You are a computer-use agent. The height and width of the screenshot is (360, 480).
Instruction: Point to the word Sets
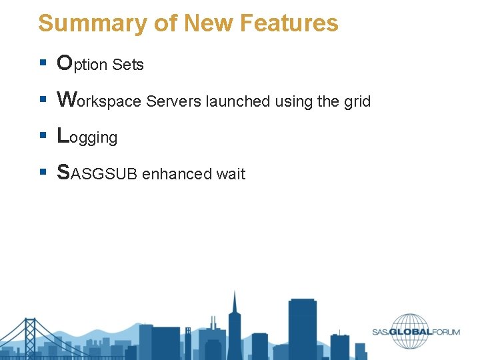coord(128,65)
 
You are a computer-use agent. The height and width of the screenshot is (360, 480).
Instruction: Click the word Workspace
coord(99,101)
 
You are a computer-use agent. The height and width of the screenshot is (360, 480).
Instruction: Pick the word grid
coord(357,102)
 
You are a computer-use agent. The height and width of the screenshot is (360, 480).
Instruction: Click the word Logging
coord(87,137)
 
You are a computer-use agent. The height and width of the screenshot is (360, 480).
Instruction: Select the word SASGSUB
coord(97,173)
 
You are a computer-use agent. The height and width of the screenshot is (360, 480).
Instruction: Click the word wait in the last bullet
coord(231,174)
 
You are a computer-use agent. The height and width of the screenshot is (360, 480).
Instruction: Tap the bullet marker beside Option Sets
coord(42,64)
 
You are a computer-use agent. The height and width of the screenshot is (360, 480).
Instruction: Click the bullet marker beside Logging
coord(42,137)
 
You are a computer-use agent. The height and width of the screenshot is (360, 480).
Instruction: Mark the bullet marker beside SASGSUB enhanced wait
coord(42,173)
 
